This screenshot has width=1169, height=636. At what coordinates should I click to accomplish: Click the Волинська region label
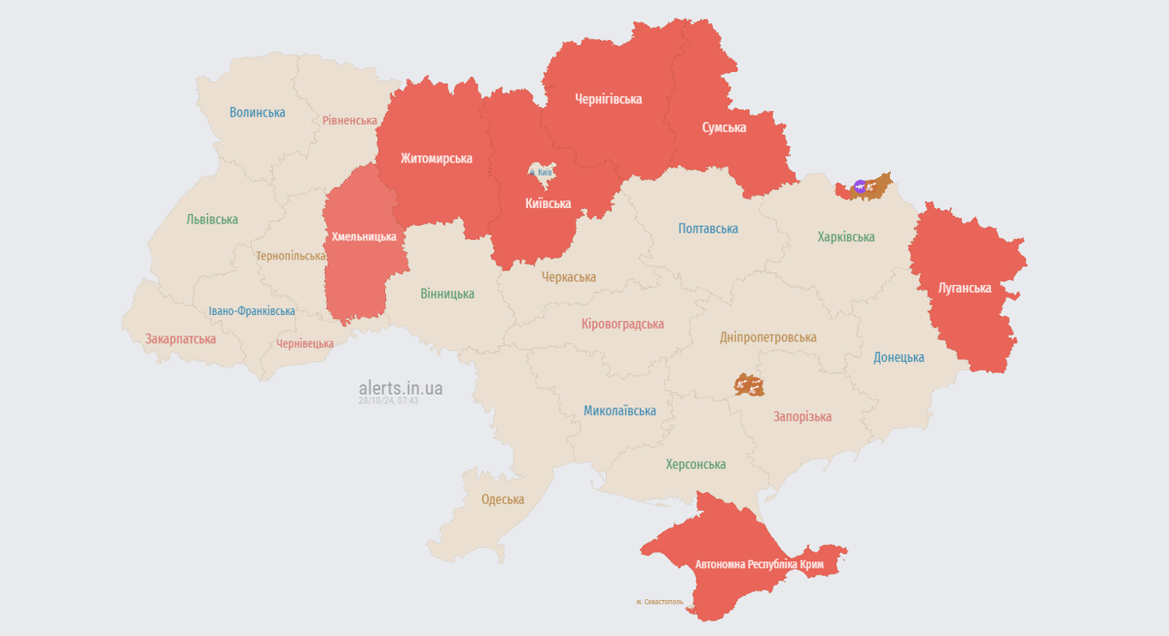point(258,112)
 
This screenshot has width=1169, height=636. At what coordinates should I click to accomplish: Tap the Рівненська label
point(349,121)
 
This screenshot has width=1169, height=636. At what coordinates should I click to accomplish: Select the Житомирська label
point(436,158)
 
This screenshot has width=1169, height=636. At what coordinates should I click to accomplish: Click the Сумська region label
point(724,128)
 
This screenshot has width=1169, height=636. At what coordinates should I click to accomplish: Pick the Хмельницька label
point(364,236)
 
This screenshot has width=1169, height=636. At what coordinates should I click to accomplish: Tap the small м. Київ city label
point(541,173)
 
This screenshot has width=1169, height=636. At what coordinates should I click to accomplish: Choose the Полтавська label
point(708,229)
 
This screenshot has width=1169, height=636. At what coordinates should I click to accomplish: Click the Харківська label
point(846,237)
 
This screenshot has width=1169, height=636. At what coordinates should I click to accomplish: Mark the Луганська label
point(964,288)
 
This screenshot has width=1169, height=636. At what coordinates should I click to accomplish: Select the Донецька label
point(899,357)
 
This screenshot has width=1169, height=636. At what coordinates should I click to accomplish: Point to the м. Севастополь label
point(660,602)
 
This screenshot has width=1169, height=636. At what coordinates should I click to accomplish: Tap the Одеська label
point(502,499)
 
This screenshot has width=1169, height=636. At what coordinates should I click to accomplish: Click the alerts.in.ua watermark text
point(401,388)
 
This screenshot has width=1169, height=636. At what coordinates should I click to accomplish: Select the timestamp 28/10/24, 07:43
point(389,401)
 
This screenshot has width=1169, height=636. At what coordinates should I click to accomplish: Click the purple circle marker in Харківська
point(859,185)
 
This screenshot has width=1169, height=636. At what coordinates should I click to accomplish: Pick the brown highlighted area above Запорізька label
point(749,384)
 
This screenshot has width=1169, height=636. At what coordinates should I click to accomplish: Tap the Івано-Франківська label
point(252,311)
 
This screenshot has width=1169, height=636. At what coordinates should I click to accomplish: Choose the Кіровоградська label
point(622,324)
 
